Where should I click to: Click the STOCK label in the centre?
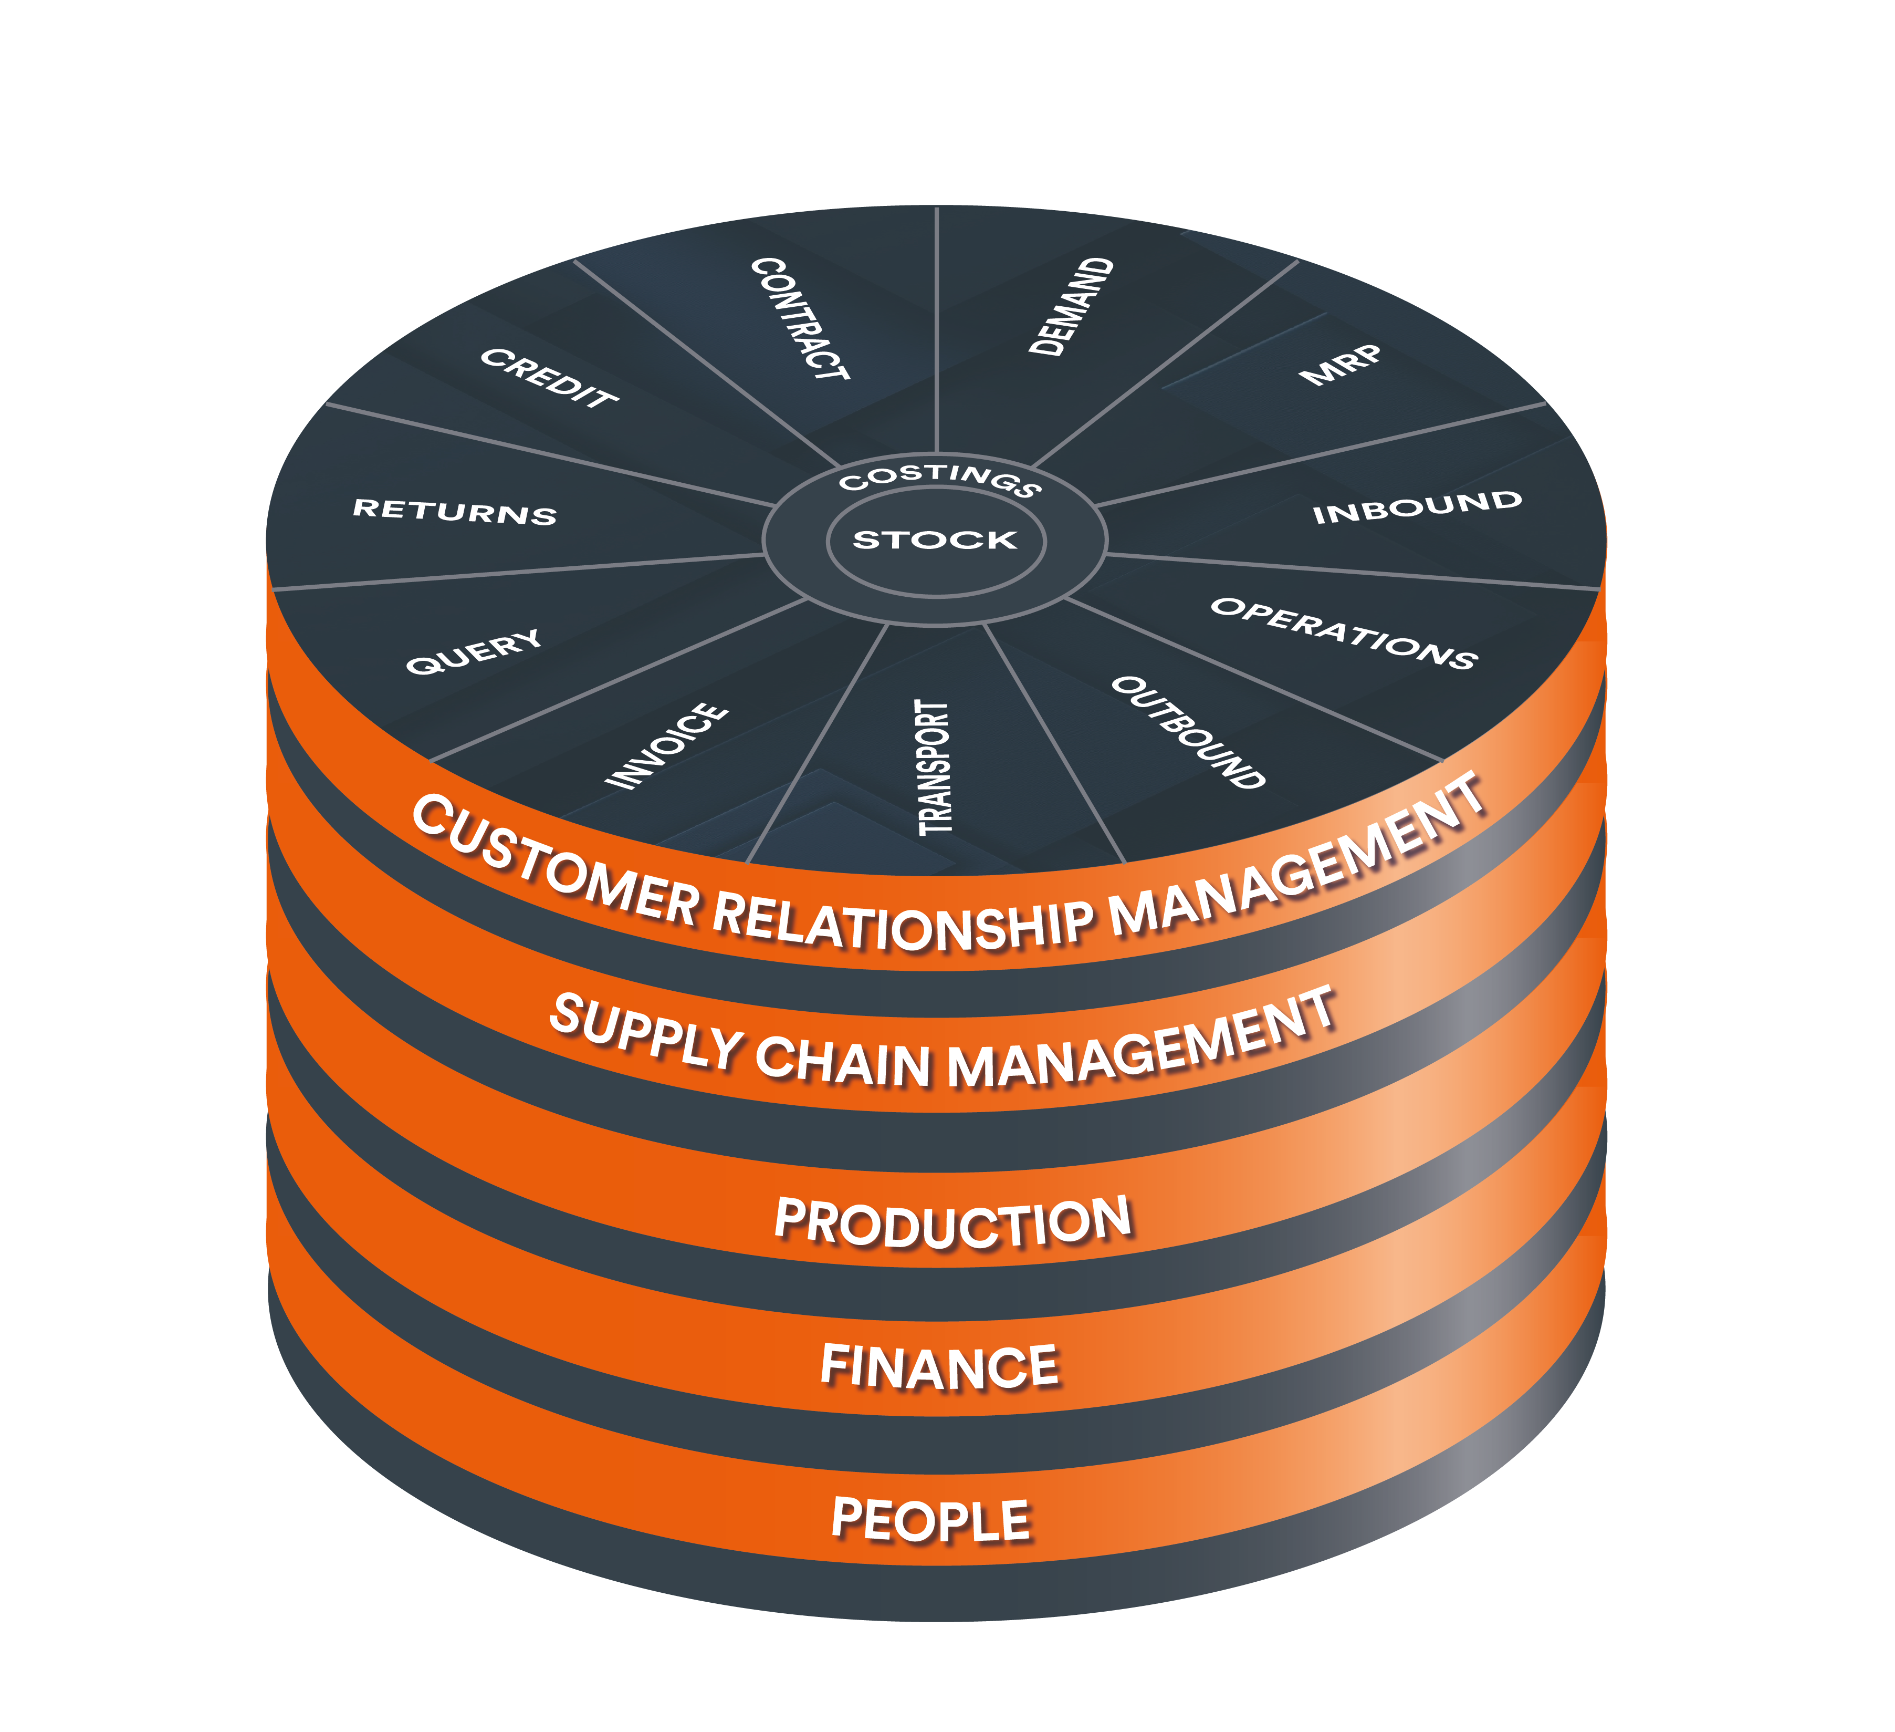(935, 540)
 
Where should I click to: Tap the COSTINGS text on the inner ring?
(940, 478)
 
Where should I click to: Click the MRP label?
(1342, 365)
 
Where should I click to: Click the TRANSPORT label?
(934, 768)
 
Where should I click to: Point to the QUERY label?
(475, 651)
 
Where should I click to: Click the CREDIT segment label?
(549, 377)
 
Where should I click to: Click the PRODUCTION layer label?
(952, 1222)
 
